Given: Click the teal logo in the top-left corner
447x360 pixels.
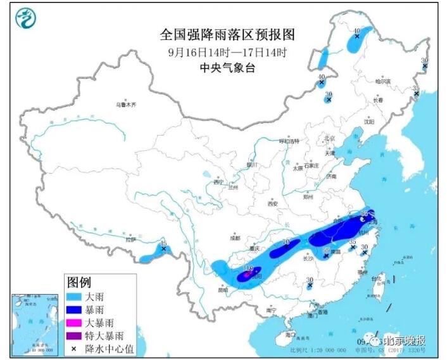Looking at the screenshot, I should pyautogui.click(x=25, y=18).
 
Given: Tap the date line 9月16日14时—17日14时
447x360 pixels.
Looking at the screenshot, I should pyautogui.click(x=227, y=52).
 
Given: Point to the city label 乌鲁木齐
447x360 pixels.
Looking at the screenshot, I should pyautogui.click(x=126, y=105).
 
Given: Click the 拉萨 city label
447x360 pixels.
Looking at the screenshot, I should pyautogui.click(x=130, y=240).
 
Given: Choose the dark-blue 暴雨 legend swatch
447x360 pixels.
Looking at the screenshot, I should pyautogui.click(x=79, y=309).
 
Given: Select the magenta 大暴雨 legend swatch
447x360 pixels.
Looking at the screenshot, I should pyautogui.click(x=79, y=322).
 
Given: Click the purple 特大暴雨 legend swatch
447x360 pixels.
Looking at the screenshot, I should pyautogui.click(x=79, y=335).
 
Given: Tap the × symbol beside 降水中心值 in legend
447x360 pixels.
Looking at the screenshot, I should pyautogui.click(x=75, y=348).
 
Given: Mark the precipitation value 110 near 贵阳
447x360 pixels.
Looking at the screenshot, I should pyautogui.click(x=248, y=271).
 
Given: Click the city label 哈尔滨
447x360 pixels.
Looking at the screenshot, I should pyautogui.click(x=382, y=82).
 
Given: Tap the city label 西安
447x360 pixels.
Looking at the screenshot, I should pyautogui.click(x=272, y=204).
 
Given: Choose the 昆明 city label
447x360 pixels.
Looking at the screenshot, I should pyautogui.click(x=222, y=290).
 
